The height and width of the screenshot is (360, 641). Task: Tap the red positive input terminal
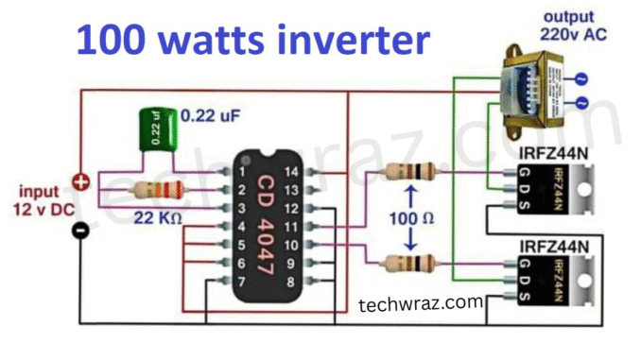coord(82,180)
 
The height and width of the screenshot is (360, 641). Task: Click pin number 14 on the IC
coord(294,172)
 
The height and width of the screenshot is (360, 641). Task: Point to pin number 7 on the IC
coord(242,282)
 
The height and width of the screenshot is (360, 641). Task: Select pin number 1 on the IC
coord(242,172)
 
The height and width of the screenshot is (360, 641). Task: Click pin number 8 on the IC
coord(294,282)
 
